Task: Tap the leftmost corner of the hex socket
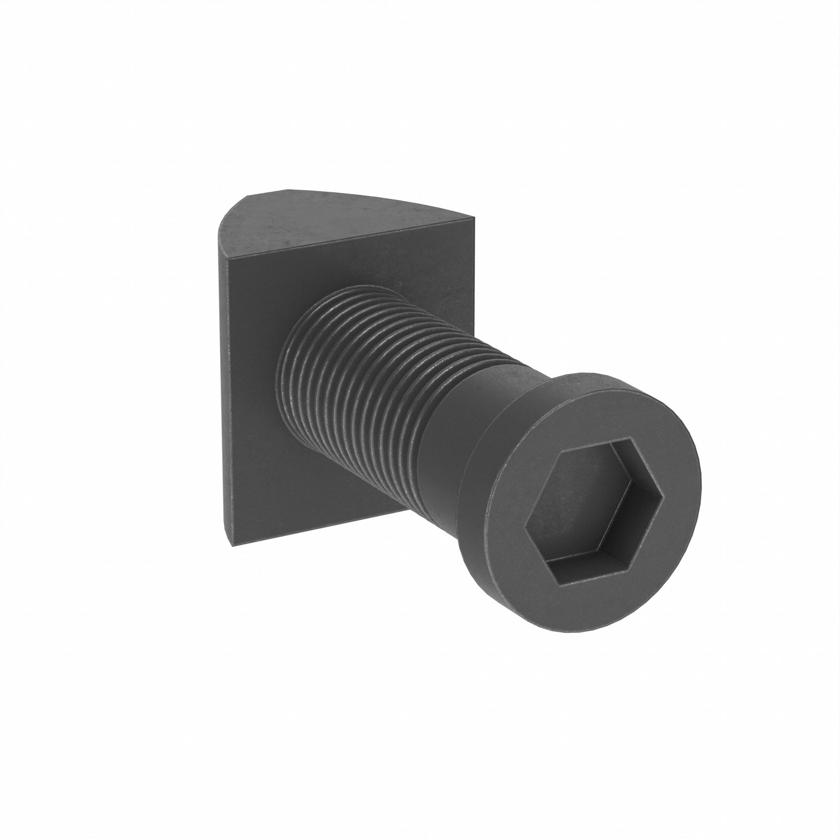pos(525,528)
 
